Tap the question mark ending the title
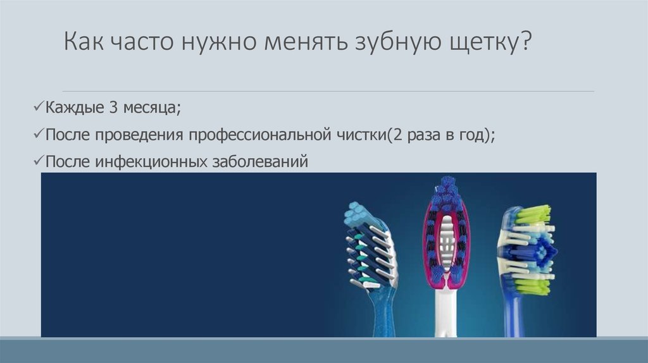(x=525, y=40)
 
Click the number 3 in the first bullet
(x=114, y=108)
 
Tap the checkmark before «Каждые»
(x=38, y=107)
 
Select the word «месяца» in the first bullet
(x=149, y=108)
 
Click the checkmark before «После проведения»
(x=38, y=134)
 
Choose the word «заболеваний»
(x=260, y=161)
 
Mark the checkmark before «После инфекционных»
(x=38, y=161)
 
